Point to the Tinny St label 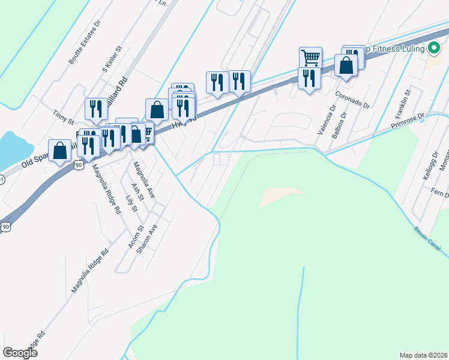[62, 113]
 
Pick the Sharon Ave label [148, 238]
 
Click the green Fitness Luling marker [432, 49]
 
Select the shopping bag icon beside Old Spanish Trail [60, 151]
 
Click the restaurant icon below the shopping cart [309, 79]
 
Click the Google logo [20, 352]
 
